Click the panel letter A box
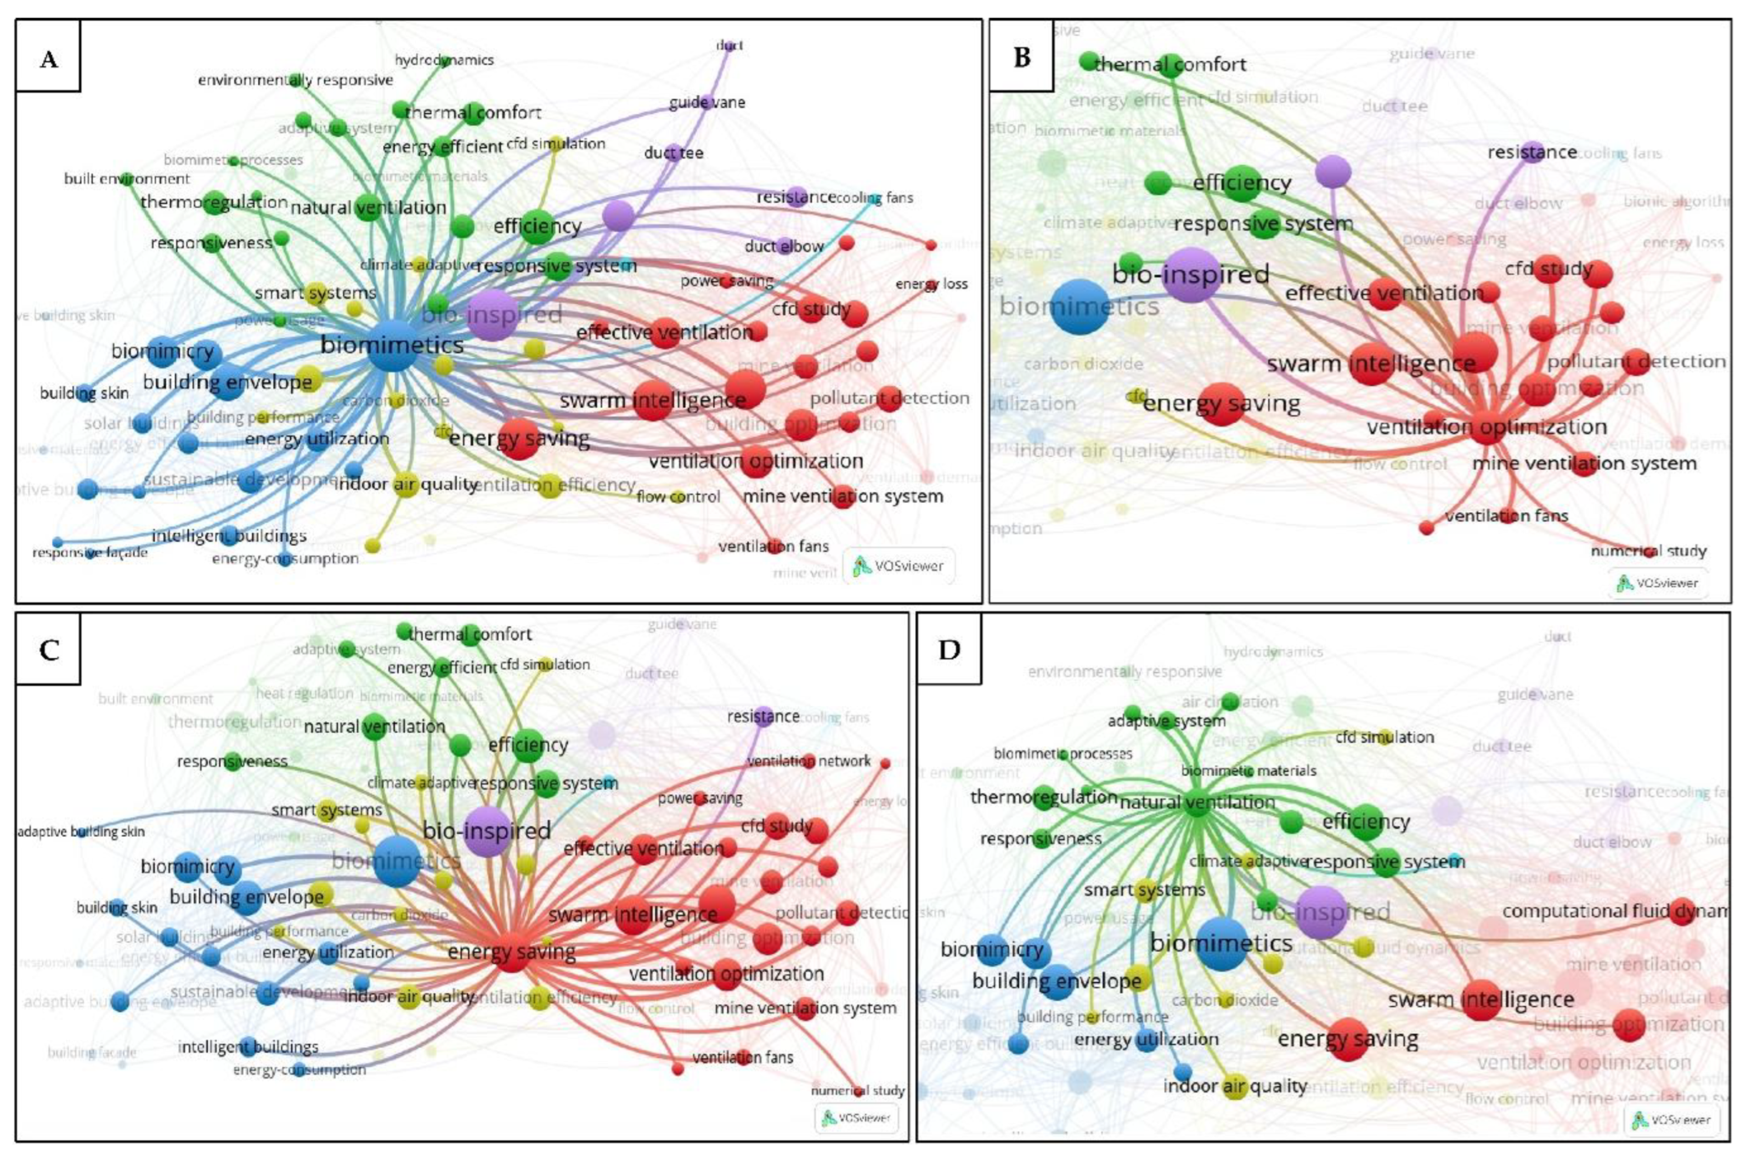[48, 57]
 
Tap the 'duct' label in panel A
[730, 45]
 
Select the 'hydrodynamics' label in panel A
[444, 60]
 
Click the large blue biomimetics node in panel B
[1080, 307]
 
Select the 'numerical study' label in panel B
[1648, 551]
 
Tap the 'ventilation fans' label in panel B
[1506, 516]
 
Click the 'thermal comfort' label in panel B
[1170, 64]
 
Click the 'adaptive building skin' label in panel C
[81, 831]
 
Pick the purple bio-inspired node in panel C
[487, 831]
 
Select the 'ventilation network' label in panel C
[809, 761]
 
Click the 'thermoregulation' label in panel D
[1043, 797]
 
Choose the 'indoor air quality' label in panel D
[1234, 1086]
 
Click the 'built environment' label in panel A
[127, 178]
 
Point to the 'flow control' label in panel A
[677, 497]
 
